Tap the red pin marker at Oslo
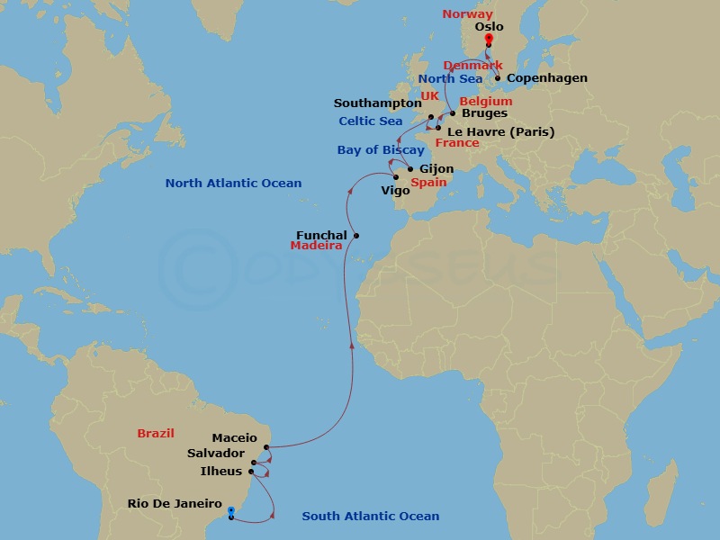tap(489, 39)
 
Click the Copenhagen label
tap(547, 78)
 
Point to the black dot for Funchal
tap(356, 236)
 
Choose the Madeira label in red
tap(316, 246)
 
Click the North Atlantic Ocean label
tap(233, 184)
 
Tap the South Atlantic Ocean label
tap(371, 516)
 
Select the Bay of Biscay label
tap(381, 150)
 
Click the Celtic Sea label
tap(371, 121)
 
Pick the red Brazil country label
tap(156, 433)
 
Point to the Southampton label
tap(378, 103)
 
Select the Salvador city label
tap(216, 454)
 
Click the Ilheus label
tap(220, 471)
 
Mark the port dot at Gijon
tap(410, 169)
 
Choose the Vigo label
tap(395, 190)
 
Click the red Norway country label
tap(468, 14)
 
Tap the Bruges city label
tap(484, 113)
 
